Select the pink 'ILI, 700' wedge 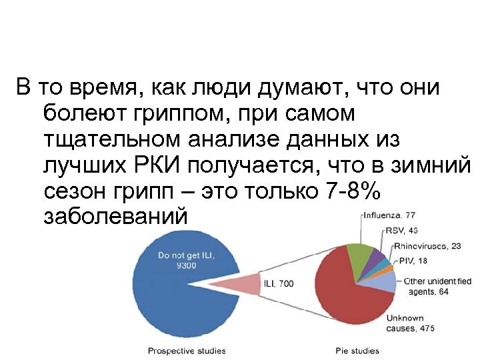pos(240,283)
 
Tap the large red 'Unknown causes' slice pos(347,300)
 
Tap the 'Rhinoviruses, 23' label pos(427,246)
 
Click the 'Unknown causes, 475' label pos(411,323)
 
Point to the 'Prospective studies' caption pos(187,351)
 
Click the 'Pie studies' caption pos(357,351)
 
